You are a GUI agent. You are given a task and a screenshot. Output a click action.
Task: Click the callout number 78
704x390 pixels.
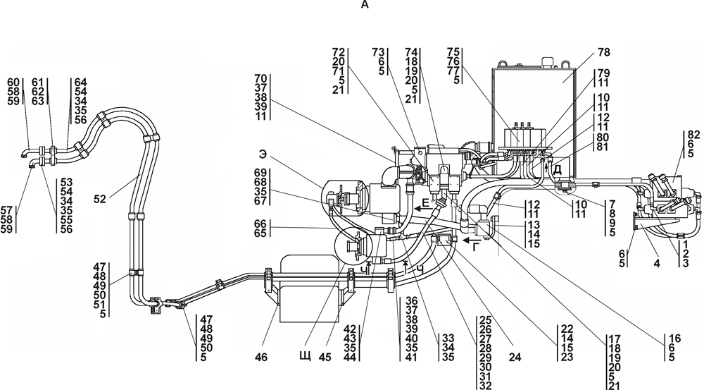(604, 52)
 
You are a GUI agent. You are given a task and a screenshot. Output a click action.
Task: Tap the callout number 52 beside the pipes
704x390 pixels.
(100, 198)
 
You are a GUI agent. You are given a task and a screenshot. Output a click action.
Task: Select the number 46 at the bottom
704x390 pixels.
(261, 357)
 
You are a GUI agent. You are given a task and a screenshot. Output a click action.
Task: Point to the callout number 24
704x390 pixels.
(515, 357)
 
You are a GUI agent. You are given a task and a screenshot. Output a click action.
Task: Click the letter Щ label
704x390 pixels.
(305, 357)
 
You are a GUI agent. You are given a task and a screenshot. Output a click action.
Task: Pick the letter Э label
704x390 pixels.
(263, 154)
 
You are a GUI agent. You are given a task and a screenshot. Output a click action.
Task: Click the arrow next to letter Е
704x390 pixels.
(421, 209)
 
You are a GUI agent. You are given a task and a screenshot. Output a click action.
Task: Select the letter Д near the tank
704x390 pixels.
(557, 169)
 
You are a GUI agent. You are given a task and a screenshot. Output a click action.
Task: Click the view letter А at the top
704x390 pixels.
(364, 5)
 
